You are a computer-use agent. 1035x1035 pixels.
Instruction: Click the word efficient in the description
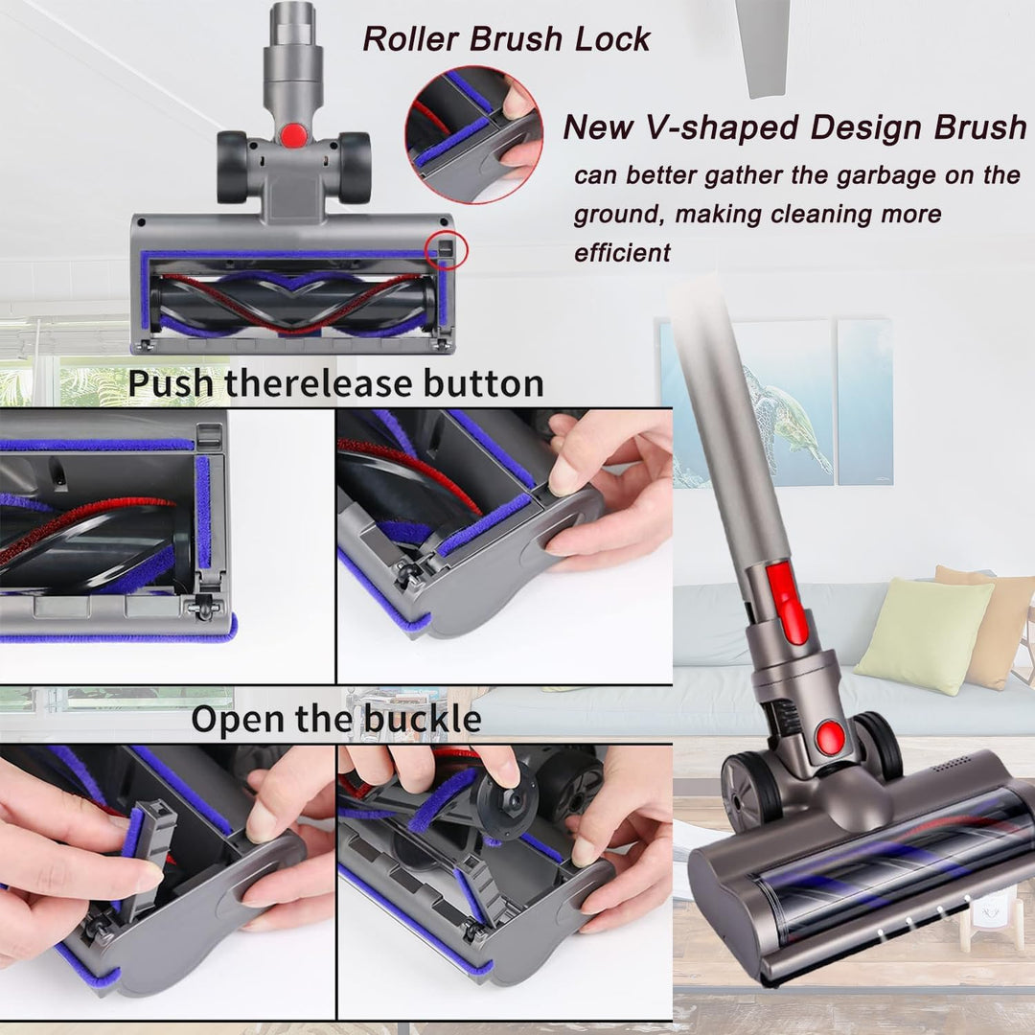pos(622,253)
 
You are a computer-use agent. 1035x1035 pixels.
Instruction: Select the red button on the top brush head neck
pos(294,135)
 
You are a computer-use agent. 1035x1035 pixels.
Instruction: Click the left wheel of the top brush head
pos(233,167)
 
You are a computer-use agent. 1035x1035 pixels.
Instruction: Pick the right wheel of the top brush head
pos(354,167)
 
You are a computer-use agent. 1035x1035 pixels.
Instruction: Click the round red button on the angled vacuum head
pos(830,737)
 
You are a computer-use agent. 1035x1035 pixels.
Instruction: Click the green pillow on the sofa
pos(923,635)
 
